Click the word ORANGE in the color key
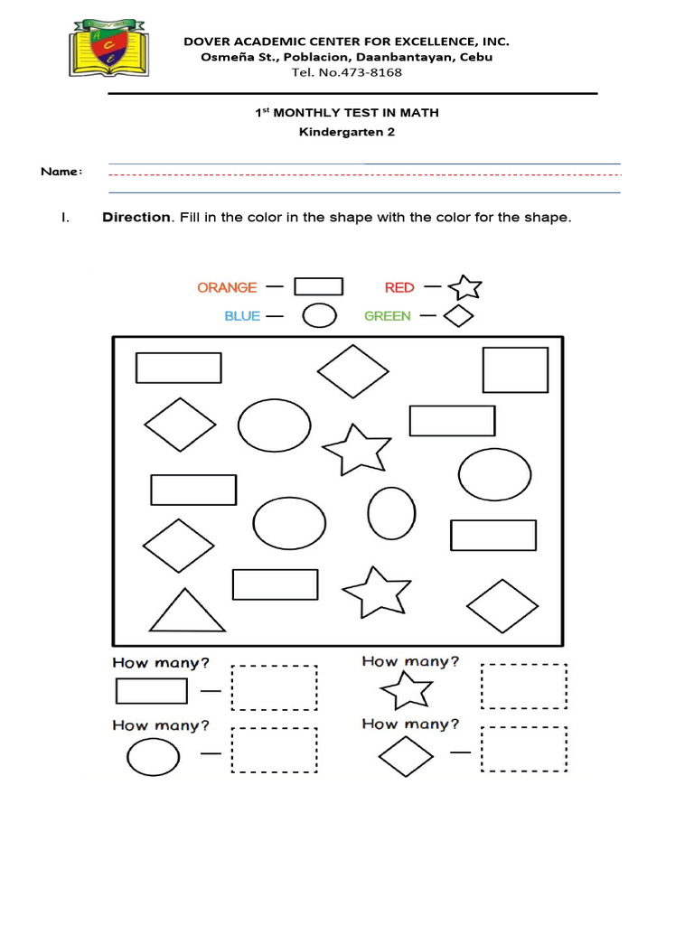[227, 287]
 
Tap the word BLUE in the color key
[242, 316]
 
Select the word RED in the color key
[399, 287]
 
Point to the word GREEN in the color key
[388, 316]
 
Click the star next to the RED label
[465, 287]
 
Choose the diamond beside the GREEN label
[460, 316]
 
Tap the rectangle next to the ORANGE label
[319, 286]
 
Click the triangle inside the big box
[187, 612]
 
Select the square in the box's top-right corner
[515, 369]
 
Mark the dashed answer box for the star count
[524, 687]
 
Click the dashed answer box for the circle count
[275, 751]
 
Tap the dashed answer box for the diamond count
[524, 751]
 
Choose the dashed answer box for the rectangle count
[275, 688]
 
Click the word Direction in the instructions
[136, 218]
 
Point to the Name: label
[61, 172]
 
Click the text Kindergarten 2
[347, 132]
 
